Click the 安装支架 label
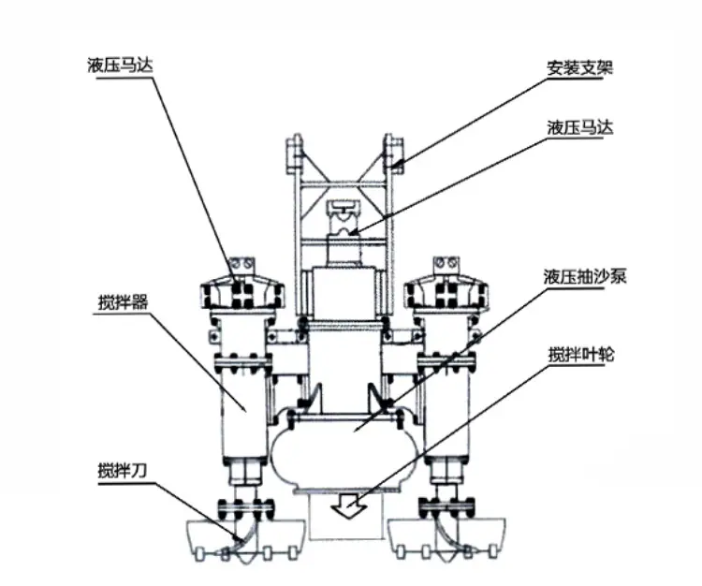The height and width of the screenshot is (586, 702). click(x=579, y=68)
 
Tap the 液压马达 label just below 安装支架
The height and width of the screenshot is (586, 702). click(x=579, y=127)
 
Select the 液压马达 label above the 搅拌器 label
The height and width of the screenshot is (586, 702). click(x=120, y=66)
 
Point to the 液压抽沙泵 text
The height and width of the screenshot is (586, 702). click(x=585, y=276)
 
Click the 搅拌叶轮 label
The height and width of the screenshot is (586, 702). click(x=581, y=355)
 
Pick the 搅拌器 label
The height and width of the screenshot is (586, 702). click(x=123, y=302)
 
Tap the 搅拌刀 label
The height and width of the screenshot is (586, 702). click(x=123, y=471)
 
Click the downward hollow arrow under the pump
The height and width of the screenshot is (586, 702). click(x=349, y=506)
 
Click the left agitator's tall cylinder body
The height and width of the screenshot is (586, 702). click(x=244, y=412)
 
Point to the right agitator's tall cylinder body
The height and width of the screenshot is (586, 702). click(x=446, y=412)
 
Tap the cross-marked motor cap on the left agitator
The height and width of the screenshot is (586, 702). click(x=241, y=292)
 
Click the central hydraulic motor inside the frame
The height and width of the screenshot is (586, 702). click(x=344, y=232)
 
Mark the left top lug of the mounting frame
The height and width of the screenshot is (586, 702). click(x=294, y=154)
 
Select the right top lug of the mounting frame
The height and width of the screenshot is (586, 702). click(x=393, y=154)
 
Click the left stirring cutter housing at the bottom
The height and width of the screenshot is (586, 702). click(x=244, y=538)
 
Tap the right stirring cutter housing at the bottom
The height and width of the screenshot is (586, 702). click(x=447, y=538)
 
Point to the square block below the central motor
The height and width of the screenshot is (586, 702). click(x=344, y=293)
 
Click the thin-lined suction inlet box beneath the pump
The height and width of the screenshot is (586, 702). click(x=346, y=516)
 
